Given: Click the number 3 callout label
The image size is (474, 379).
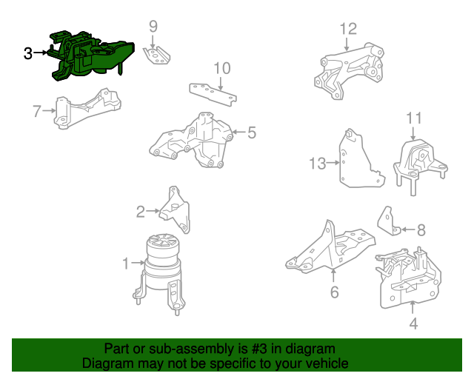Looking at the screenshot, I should point(28,53).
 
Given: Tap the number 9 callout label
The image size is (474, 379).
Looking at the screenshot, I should point(153,27).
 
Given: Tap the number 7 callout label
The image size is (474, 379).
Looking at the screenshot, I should point(36,111).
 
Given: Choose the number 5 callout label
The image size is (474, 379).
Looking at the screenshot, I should point(251,133).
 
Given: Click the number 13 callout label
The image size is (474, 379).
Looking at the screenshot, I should point(317,164).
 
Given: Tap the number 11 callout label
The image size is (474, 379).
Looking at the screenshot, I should point(413,118).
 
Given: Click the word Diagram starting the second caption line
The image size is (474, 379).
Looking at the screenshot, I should point(107,363).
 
